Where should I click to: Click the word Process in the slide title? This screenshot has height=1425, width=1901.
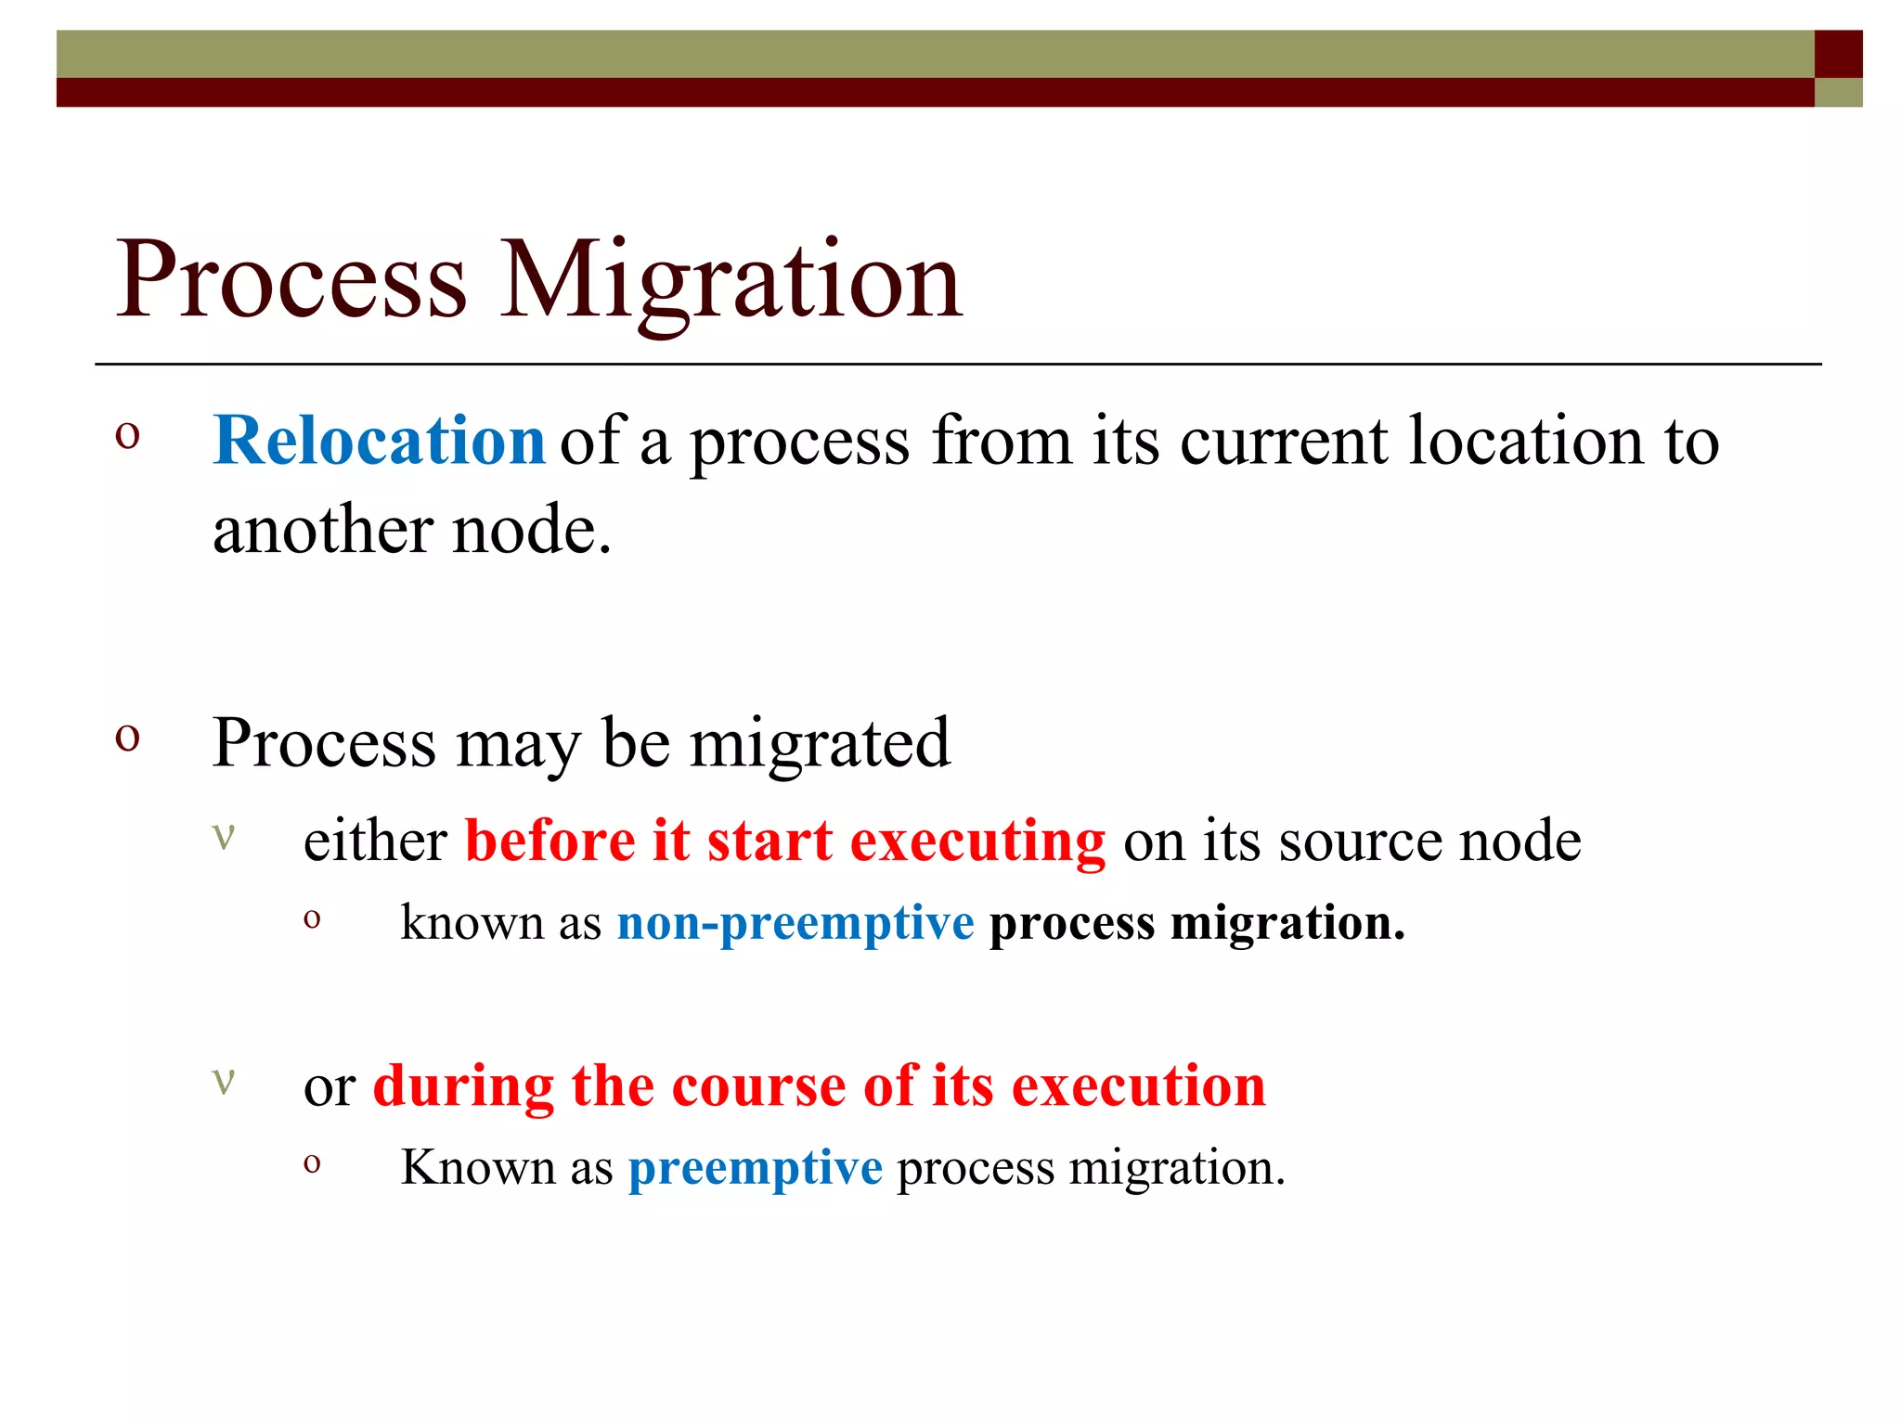click(x=291, y=280)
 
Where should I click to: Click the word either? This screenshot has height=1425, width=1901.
click(x=375, y=841)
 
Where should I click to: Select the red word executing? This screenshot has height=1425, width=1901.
click(x=977, y=841)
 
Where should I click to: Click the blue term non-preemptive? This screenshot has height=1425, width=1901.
click(x=795, y=923)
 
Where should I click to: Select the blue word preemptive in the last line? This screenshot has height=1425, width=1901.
click(x=755, y=1167)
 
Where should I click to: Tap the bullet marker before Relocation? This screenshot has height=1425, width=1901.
click(x=127, y=435)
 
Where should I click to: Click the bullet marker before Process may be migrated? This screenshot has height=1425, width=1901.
click(x=127, y=738)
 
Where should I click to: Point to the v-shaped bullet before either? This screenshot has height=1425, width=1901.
click(x=224, y=835)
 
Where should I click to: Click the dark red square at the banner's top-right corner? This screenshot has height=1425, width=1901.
click(x=1838, y=54)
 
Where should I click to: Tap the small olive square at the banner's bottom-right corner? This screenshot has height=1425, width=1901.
click(x=1838, y=92)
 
